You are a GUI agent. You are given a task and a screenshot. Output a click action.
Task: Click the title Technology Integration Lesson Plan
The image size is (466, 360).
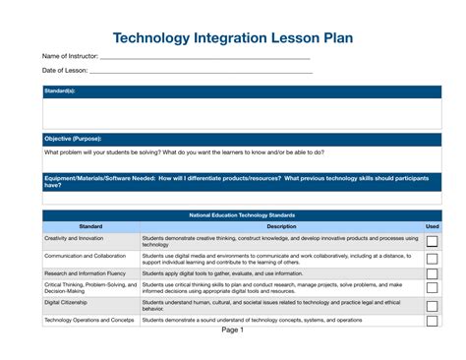pos(232,38)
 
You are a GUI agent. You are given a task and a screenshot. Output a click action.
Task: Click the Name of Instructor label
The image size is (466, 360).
pos(70,57)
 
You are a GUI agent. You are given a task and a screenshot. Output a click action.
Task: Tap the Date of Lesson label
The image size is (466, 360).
pos(65,71)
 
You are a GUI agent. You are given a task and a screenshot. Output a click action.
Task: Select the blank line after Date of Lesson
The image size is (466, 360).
pos(201,73)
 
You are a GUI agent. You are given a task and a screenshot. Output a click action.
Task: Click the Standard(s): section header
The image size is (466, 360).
pos(60,91)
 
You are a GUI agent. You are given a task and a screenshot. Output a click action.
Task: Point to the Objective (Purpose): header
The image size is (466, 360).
pos(73,139)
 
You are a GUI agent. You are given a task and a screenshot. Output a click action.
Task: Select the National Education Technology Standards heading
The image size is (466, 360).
pos(241,214)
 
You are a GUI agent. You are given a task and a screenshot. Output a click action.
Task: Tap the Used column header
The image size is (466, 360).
pos(433,226)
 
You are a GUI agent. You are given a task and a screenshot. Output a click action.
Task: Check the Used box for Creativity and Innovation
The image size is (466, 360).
pos(433,241)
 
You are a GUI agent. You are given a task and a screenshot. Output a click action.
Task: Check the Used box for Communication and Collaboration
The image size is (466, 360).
pos(433,259)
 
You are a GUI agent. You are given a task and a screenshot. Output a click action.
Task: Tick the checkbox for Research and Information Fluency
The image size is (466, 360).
pos(433,273)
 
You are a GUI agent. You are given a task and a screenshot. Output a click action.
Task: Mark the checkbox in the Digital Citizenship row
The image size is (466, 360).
pos(433,306)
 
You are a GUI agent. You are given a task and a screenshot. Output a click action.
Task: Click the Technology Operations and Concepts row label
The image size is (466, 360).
pos(89,321)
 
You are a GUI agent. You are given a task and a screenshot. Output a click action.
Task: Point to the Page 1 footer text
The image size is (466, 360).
pos(232,330)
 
